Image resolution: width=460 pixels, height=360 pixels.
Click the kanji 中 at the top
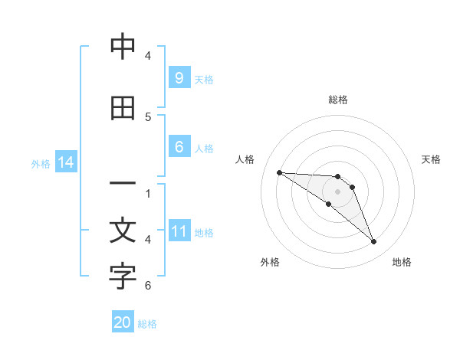click(x=123, y=47)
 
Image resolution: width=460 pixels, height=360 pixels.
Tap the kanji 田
click(x=123, y=109)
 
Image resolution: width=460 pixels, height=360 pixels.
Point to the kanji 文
click(x=123, y=231)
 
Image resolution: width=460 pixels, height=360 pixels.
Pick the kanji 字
click(x=123, y=277)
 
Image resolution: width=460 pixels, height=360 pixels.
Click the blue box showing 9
click(x=179, y=77)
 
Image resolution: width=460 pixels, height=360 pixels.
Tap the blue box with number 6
click(x=179, y=147)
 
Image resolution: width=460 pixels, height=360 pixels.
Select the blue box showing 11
click(x=179, y=231)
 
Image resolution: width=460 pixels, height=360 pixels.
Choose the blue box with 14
click(x=65, y=162)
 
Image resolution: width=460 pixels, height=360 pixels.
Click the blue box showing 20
click(x=123, y=322)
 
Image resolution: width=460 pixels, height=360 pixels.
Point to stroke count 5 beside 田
click(x=148, y=117)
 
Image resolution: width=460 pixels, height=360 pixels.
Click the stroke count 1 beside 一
click(x=148, y=194)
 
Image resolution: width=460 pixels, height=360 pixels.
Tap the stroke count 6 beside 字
click(x=148, y=286)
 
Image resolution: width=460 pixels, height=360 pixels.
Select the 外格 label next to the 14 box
click(x=41, y=163)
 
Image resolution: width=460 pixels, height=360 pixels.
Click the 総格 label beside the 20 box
click(x=147, y=324)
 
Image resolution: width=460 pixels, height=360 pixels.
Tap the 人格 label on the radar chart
click(x=245, y=159)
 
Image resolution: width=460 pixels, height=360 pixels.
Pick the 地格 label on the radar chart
click(x=402, y=262)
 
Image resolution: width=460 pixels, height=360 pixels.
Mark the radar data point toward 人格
click(x=279, y=172)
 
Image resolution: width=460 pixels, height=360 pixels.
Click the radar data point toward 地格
click(x=374, y=242)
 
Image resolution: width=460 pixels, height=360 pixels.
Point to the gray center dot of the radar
click(x=337, y=191)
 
